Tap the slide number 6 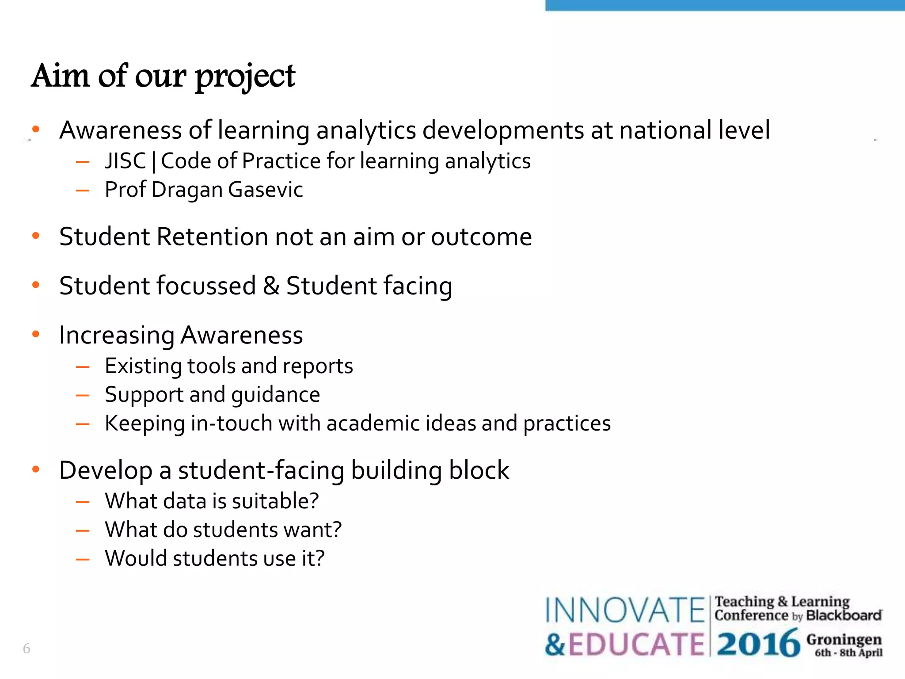[27, 648]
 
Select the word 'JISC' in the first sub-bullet [125, 161]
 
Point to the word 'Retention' [212, 237]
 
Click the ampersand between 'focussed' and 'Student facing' [271, 286]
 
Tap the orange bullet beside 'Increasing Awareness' [36, 334]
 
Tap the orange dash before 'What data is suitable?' [83, 502]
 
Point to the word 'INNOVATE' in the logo [625, 610]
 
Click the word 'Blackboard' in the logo [844, 615]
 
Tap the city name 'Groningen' [844, 640]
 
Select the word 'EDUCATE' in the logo [636, 644]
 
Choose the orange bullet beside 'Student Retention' [36, 236]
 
